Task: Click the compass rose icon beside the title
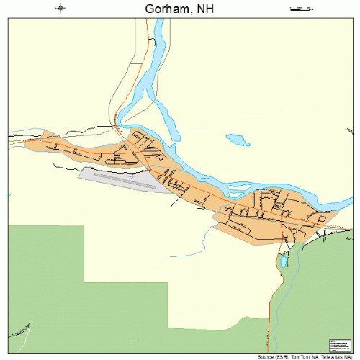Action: pyautogui.click(x=61, y=9)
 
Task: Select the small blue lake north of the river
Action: pyautogui.click(x=238, y=139)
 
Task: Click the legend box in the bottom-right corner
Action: pyautogui.click(x=339, y=344)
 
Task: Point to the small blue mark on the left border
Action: pyautogui.click(x=9, y=194)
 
